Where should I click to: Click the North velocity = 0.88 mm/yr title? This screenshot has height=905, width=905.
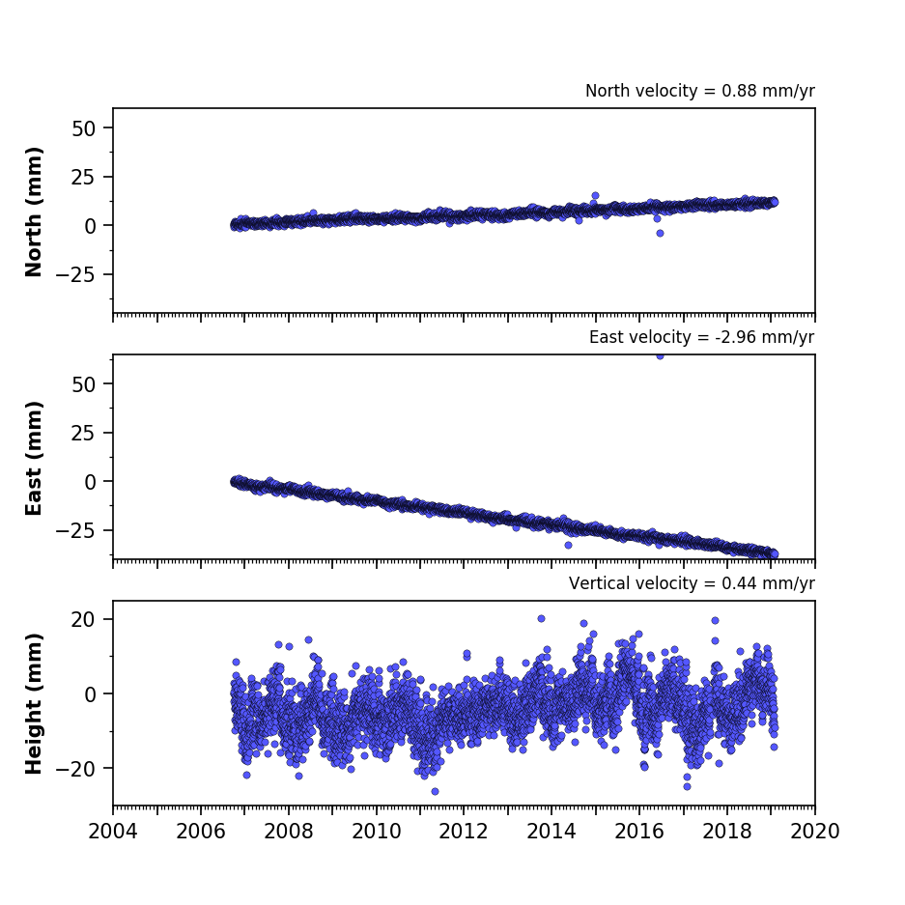pos(700,91)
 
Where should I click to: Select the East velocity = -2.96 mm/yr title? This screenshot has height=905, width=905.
pos(702,337)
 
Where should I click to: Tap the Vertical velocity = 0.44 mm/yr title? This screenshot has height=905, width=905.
pos(692,583)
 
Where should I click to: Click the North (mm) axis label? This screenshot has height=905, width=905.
pos(34,212)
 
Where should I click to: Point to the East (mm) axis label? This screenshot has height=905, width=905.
pos(34,458)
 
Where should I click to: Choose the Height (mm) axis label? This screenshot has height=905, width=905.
pos(34,703)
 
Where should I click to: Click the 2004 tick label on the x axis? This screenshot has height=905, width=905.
pos(113,832)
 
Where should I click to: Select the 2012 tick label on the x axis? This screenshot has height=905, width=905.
pos(464,832)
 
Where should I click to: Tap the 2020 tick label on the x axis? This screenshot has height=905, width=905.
pos(815,832)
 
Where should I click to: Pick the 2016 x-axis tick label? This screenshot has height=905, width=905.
pos(639,832)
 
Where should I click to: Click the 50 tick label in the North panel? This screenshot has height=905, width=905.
pos(84,128)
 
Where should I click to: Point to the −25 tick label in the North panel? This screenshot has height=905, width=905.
pos(75,274)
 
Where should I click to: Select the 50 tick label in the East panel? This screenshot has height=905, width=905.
pos(84,384)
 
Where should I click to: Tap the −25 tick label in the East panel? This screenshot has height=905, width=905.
pos(75,530)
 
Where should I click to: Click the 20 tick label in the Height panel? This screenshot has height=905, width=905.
pos(84,620)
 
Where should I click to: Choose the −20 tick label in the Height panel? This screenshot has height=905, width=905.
pos(75,769)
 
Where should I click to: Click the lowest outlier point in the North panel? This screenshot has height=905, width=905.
pos(660,233)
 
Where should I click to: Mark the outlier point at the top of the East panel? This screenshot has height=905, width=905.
pos(660,356)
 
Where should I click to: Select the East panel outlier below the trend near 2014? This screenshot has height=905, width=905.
pos(568,545)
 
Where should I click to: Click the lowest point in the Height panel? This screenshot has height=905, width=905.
pos(435,791)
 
